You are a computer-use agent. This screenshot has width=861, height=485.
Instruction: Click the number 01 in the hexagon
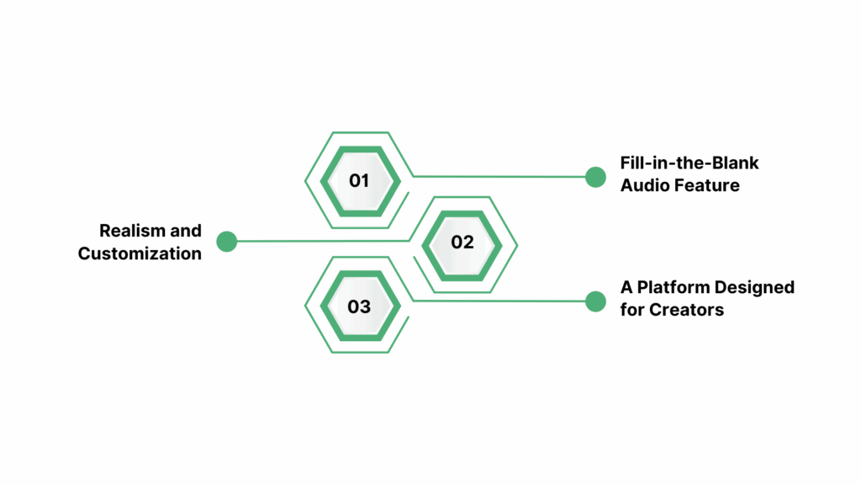pyautogui.click(x=359, y=180)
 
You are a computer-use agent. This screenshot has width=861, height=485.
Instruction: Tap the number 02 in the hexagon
pyautogui.click(x=462, y=242)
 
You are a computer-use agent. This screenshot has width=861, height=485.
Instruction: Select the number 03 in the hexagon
pyautogui.click(x=359, y=306)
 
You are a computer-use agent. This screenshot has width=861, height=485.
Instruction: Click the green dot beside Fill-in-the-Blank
pyautogui.click(x=595, y=177)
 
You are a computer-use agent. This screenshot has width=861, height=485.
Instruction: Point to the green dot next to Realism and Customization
pyautogui.click(x=226, y=242)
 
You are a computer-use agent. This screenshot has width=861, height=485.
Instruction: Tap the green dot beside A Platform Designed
pyautogui.click(x=595, y=301)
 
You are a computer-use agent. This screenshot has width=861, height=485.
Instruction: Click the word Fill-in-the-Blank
pyautogui.click(x=689, y=163)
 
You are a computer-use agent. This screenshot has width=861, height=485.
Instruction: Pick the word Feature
pyautogui.click(x=708, y=185)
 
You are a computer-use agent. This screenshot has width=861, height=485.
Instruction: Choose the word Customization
pyautogui.click(x=140, y=253)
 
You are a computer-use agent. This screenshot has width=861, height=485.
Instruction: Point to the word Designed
pyautogui.click(x=755, y=287)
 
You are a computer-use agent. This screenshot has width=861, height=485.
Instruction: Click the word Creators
pyautogui.click(x=686, y=310)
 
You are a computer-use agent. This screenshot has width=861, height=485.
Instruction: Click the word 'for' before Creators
pyautogui.click(x=632, y=310)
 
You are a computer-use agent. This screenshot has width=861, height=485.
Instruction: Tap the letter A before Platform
pyautogui.click(x=626, y=287)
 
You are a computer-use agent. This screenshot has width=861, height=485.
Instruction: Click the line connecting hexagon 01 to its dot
pyautogui.click(x=504, y=177)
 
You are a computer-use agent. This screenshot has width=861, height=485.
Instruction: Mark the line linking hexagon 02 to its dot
pyautogui.click(x=320, y=242)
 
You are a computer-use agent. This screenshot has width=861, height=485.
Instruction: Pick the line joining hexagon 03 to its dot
pyautogui.click(x=504, y=301)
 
